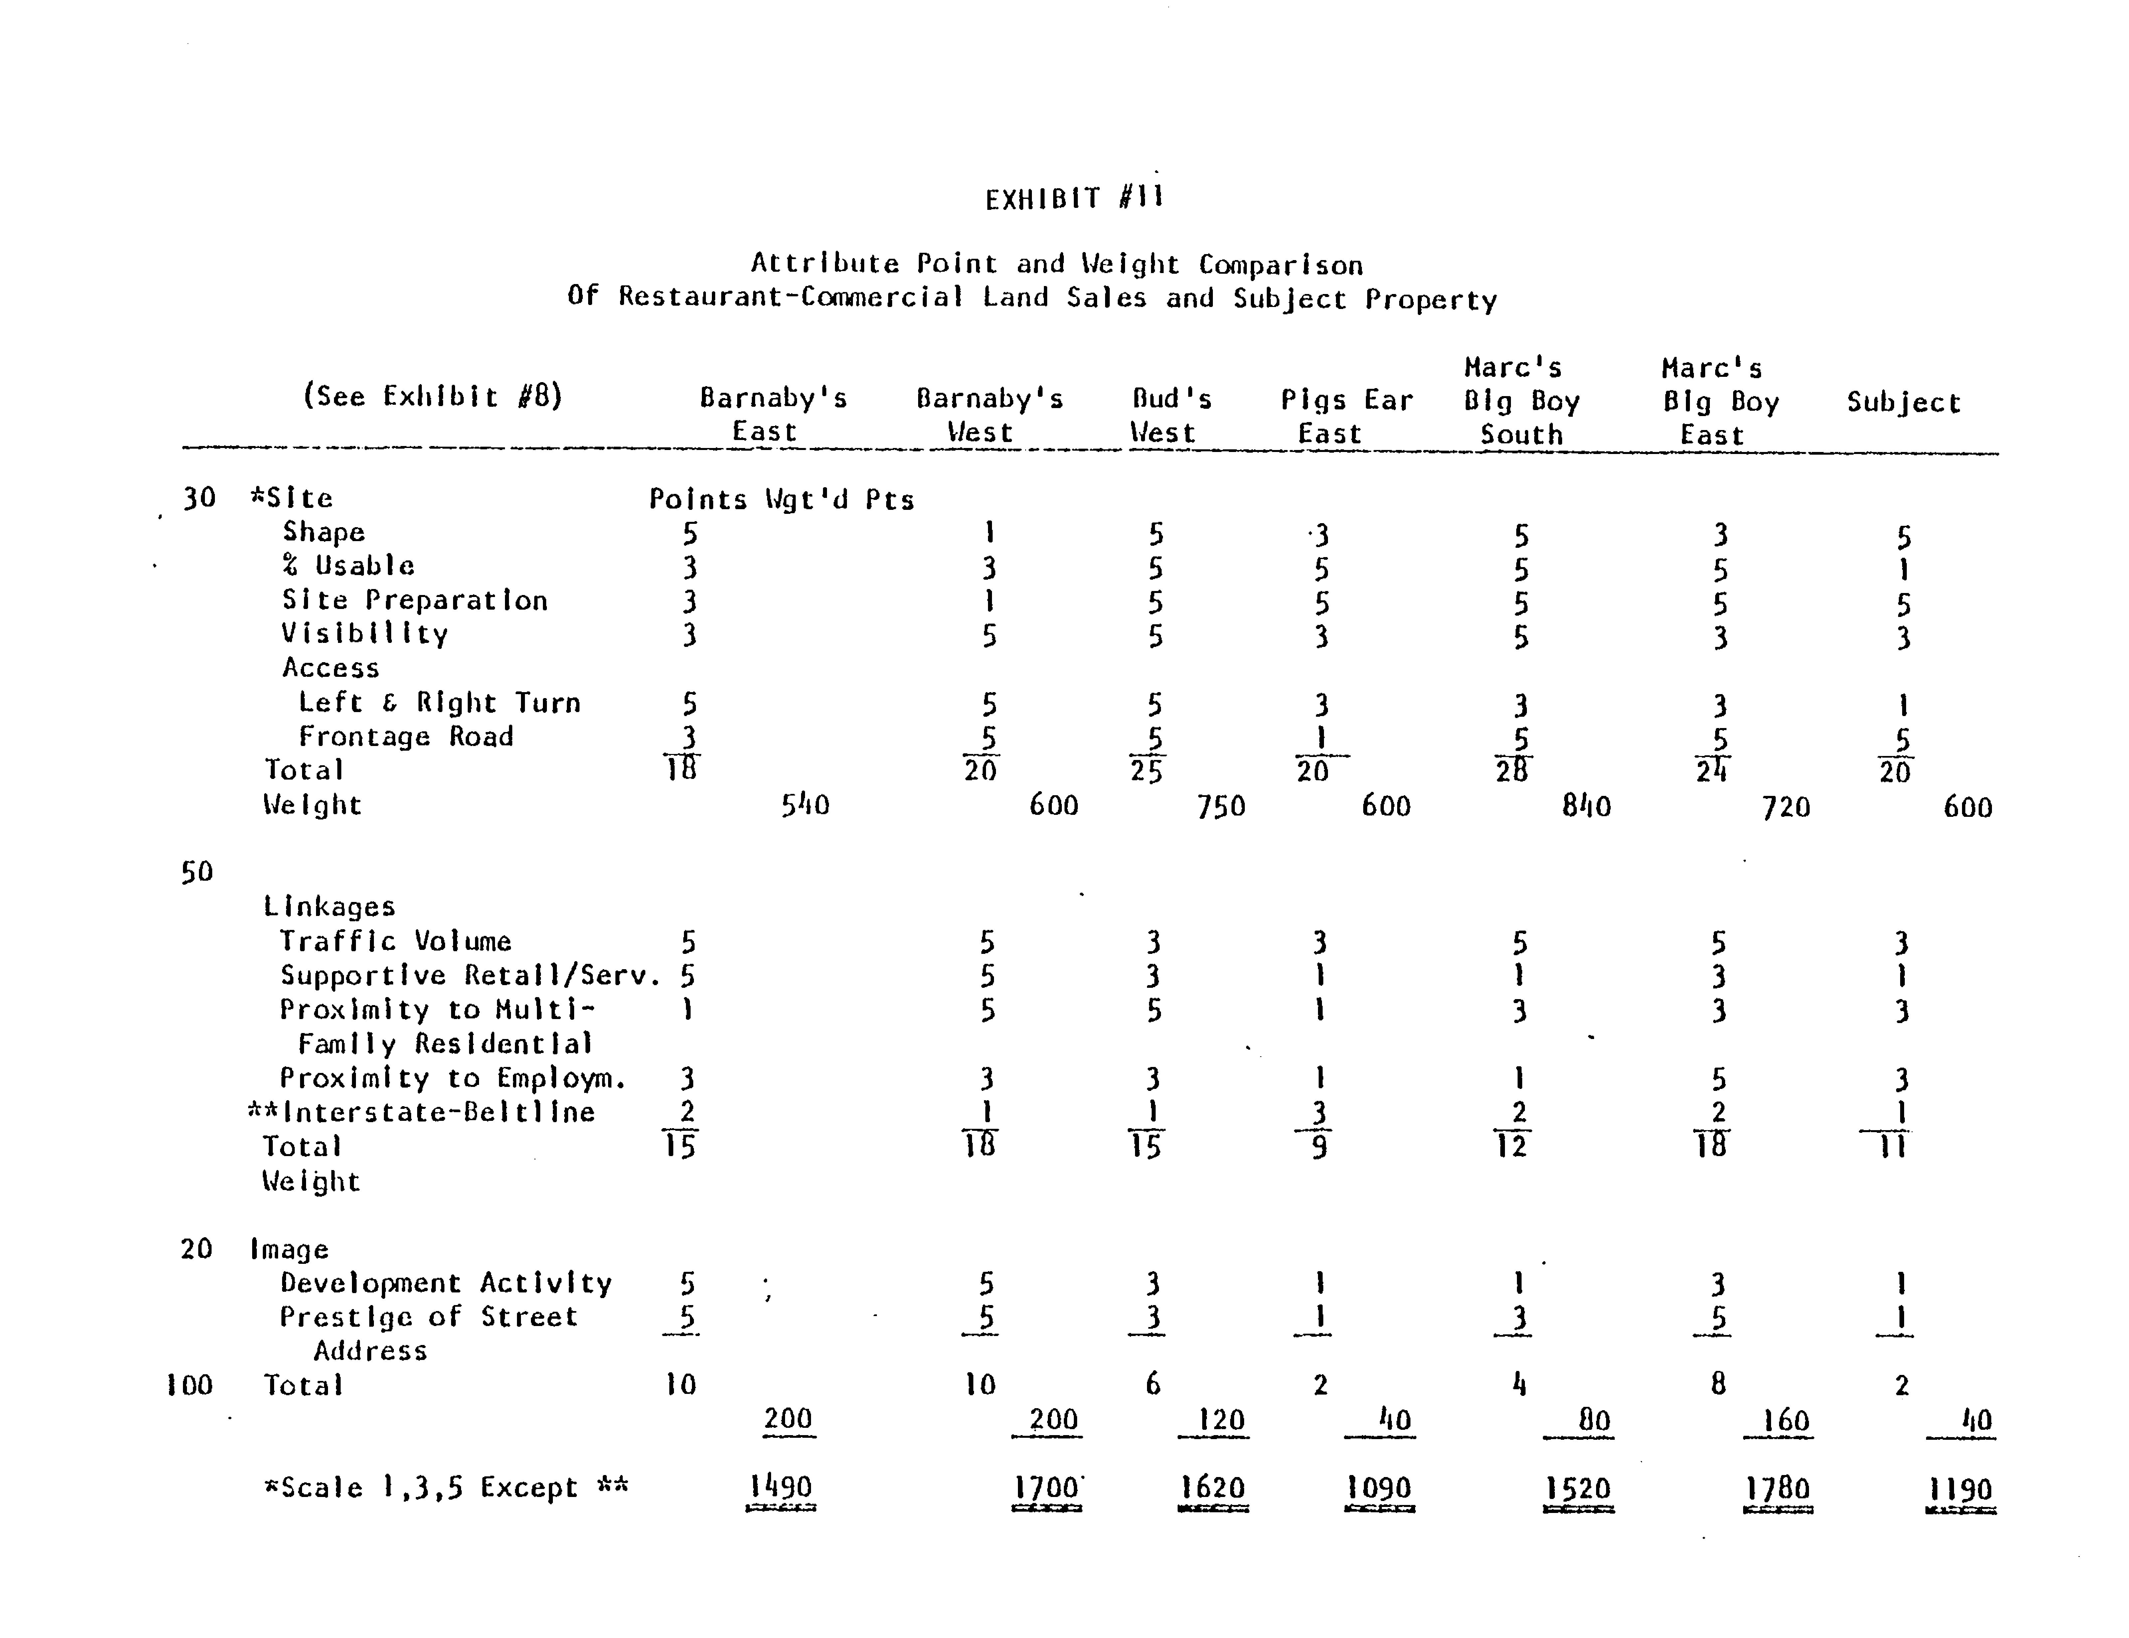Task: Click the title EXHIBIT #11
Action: pos(1073,199)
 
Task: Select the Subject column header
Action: pos(1903,402)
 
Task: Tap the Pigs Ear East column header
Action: pos(1345,416)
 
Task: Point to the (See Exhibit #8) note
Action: pos(433,396)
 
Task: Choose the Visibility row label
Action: pos(365,634)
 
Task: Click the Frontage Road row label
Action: pos(406,737)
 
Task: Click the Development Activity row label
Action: pos(445,1283)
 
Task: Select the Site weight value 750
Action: pos(1221,806)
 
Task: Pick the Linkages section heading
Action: pos(329,907)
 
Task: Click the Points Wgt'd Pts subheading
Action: pos(781,500)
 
